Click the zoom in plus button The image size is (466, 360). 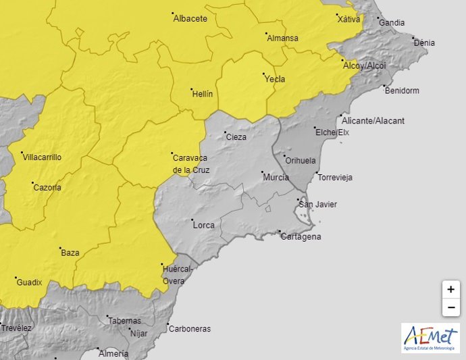[450, 289]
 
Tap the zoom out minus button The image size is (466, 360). [450, 307]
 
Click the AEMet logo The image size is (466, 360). [430, 337]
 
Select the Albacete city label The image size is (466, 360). [190, 19]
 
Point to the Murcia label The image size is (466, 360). [276, 178]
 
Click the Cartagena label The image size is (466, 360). [301, 237]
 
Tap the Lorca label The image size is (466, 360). [203, 225]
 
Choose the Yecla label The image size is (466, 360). [274, 79]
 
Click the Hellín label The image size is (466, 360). [202, 94]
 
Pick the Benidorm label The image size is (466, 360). [402, 91]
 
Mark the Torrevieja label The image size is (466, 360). [334, 178]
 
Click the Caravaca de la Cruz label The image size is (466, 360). [190, 163]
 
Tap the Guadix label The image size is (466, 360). [29, 282]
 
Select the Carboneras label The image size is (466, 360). [189, 329]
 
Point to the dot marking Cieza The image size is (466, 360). [225, 132]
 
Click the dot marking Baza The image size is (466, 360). [60, 249]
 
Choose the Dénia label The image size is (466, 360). [424, 43]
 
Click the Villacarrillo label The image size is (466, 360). [42, 157]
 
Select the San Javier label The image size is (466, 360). [317, 205]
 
